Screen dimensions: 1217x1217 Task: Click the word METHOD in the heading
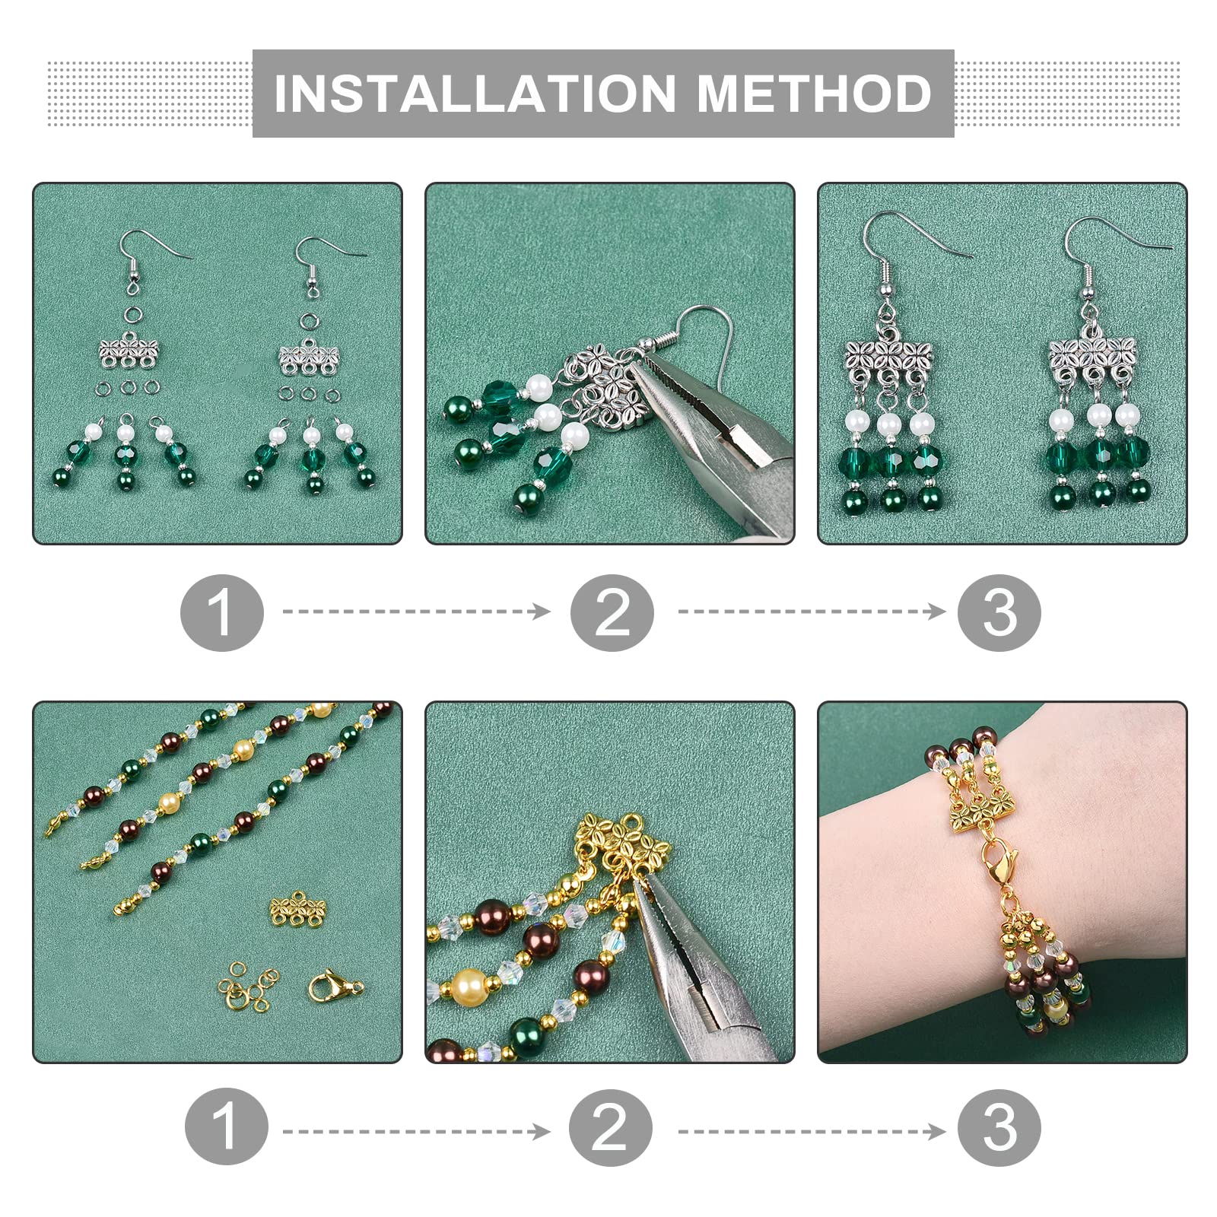click(814, 94)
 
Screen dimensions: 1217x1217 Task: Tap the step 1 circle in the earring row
click(222, 612)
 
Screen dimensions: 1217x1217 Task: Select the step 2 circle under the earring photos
click(612, 612)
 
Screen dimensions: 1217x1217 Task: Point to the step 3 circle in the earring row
click(999, 612)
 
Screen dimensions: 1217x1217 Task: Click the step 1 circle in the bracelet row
click(227, 1126)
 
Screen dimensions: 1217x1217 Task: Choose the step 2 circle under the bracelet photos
click(611, 1126)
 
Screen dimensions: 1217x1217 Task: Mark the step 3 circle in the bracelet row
click(999, 1126)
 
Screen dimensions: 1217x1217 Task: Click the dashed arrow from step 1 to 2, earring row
click(416, 612)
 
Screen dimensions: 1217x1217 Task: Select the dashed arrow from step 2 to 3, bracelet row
click(812, 1132)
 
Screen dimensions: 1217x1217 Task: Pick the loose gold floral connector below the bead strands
click(298, 909)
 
